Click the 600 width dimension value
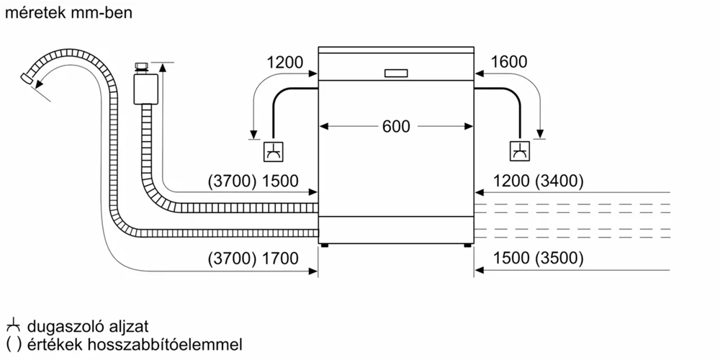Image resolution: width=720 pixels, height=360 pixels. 396,127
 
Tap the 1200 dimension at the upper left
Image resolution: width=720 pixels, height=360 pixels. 285,63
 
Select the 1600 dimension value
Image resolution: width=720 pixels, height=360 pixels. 508,63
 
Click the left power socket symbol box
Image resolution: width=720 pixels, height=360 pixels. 274,153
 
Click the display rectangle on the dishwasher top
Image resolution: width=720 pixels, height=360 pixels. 396,73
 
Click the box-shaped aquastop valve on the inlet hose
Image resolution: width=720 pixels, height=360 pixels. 145,90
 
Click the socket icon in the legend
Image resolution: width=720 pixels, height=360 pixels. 12,326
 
